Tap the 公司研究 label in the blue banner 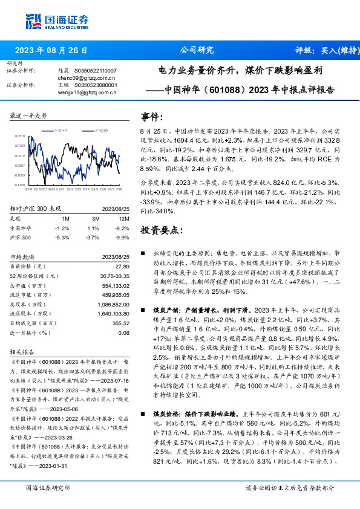point(197,50)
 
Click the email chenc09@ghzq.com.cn point(87,77)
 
